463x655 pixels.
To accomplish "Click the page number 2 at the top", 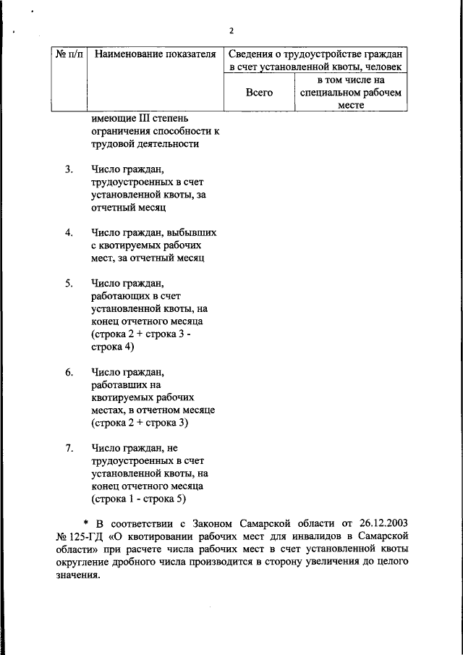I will (x=231, y=30).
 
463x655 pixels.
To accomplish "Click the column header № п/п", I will (x=68, y=54).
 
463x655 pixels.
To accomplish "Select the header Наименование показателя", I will (x=156, y=54).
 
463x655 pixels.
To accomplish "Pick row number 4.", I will (x=69, y=232).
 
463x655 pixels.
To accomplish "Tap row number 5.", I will (x=69, y=283).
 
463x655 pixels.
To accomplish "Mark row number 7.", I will (x=69, y=448).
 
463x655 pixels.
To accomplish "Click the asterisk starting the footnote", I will (x=85, y=523).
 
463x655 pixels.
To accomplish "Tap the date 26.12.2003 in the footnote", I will (x=382, y=523).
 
